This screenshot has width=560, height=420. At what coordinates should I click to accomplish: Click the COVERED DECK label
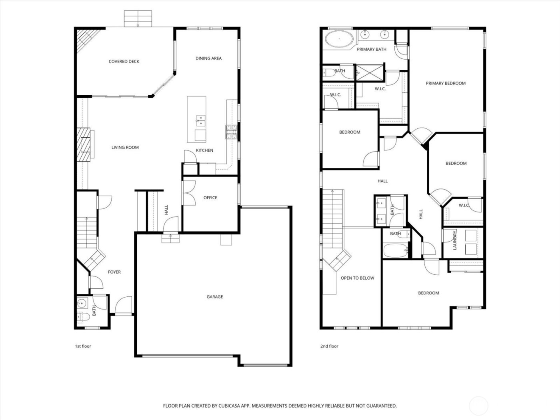coord(124,62)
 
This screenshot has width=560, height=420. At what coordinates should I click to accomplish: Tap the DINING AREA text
coord(208,58)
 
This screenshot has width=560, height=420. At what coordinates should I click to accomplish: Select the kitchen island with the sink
coord(197,119)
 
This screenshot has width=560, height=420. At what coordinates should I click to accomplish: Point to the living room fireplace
coord(85,144)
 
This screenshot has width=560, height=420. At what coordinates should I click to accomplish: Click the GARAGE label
coord(215,297)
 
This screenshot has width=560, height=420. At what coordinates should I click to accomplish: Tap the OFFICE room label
coord(210,198)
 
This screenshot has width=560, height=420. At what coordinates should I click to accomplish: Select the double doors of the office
coord(188,193)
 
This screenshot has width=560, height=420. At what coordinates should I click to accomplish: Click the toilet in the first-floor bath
coord(83,317)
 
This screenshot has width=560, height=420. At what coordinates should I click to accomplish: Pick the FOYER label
coord(114,272)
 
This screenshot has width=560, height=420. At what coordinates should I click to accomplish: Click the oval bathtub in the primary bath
coord(339,39)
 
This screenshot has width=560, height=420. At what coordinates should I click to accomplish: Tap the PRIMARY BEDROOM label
coord(446,84)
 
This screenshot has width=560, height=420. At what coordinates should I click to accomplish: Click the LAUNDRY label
coord(455,240)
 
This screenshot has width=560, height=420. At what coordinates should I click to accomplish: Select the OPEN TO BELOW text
coord(357,278)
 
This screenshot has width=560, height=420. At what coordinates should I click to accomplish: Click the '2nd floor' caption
coord(329,346)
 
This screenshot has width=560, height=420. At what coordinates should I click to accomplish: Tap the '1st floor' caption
coord(83,346)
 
